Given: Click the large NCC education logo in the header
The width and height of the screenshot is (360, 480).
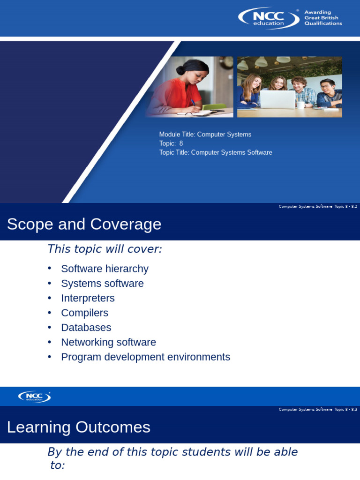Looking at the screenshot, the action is tap(269, 18).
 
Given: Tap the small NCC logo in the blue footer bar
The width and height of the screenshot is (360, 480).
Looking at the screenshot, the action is tap(34, 397).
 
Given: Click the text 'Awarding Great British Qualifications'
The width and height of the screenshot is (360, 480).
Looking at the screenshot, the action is tap(323, 18).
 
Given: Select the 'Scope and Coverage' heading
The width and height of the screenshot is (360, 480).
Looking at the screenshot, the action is tap(84, 224).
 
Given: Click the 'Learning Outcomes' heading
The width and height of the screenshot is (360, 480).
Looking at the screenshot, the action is tap(79, 427).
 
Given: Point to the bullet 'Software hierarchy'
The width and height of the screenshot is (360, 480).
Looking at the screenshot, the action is tap(105, 269).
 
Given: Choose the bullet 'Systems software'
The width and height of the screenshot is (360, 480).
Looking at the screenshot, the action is tap(102, 284).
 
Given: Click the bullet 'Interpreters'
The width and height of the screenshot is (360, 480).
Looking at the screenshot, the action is tap(88, 298).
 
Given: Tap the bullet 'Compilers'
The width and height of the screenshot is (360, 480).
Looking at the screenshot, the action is tap(84, 313).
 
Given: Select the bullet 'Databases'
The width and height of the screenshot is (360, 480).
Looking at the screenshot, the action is tap(86, 328).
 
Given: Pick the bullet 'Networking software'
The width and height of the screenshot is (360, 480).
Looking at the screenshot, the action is tap(108, 342).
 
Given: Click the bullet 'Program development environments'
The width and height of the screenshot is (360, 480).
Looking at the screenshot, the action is tap(145, 357).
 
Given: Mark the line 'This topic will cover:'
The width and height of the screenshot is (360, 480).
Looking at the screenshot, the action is tap(105, 249).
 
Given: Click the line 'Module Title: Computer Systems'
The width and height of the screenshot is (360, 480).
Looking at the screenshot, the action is tap(205, 135).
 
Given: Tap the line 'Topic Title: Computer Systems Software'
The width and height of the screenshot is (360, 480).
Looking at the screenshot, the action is tap(216, 152).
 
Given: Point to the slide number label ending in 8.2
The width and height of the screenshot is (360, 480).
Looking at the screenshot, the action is tap(318, 206).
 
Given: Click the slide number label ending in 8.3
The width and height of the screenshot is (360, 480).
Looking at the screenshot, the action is tap(318, 409).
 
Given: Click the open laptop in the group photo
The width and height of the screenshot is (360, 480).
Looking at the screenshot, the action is tap(277, 99).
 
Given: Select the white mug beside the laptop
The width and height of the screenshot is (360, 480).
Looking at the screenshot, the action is tap(301, 105).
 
